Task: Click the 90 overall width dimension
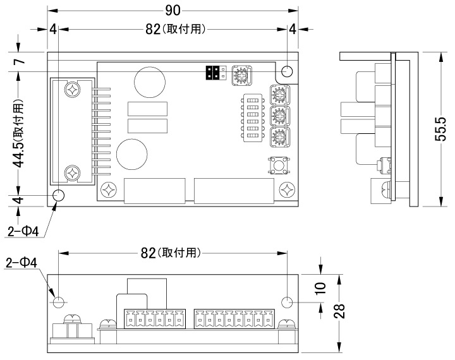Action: point(173,11)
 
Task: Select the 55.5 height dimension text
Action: point(440,129)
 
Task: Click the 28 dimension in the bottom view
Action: point(339,311)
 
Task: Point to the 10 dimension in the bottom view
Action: point(320,288)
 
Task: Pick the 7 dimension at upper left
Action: point(20,61)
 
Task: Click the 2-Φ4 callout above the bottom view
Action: point(21,263)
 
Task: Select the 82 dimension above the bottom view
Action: point(149,253)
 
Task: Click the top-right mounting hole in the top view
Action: point(288,71)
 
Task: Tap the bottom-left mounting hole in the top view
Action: point(59,195)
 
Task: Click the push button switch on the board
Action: point(278,165)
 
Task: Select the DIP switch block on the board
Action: point(253,117)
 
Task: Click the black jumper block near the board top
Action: point(212,73)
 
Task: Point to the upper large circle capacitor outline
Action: point(150,82)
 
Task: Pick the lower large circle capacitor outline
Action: point(131,154)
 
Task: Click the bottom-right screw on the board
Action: point(287,190)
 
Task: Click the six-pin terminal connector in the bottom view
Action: point(155,319)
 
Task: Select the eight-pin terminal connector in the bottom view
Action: point(234,319)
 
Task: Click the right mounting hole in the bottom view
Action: point(288,303)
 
